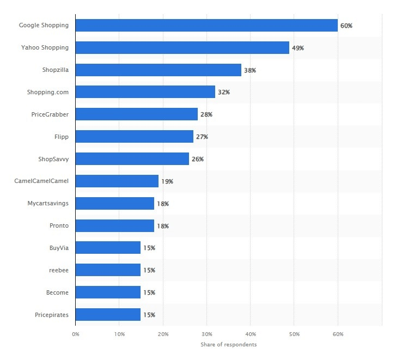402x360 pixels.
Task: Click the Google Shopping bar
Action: pyautogui.click(x=206, y=25)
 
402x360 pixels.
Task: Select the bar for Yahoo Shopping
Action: pyautogui.click(x=182, y=47)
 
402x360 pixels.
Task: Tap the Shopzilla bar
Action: pyautogui.click(x=158, y=70)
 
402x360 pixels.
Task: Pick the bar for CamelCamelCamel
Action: pyautogui.click(x=117, y=181)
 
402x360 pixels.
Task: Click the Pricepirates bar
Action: pyautogui.click(x=108, y=314)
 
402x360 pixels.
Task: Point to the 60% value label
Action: pyautogui.click(x=346, y=26)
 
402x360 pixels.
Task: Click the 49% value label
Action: pyautogui.click(x=298, y=48)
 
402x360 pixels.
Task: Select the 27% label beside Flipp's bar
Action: pyautogui.click(x=202, y=137)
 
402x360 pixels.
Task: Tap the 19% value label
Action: pyautogui.click(x=167, y=181)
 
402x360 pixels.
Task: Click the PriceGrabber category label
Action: pyautogui.click(x=50, y=114)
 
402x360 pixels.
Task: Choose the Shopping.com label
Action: pyautogui.click(x=48, y=92)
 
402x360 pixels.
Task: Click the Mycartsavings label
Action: pyautogui.click(x=48, y=203)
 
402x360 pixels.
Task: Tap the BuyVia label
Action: pyautogui.click(x=59, y=248)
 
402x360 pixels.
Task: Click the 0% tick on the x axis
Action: pyautogui.click(x=76, y=333)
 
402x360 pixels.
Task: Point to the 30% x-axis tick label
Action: pyautogui.click(x=206, y=333)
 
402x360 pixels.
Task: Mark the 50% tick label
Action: pyautogui.click(x=294, y=333)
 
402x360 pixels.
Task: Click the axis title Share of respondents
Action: pyautogui.click(x=228, y=345)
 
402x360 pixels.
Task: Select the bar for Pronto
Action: pyautogui.click(x=114, y=225)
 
